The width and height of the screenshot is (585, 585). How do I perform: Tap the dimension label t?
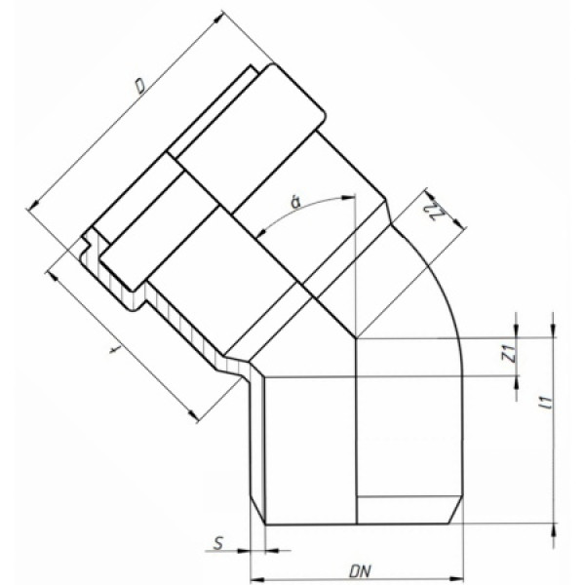pyautogui.click(x=114, y=347)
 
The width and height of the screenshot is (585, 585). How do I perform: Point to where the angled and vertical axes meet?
pyautogui.click(x=357, y=338)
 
